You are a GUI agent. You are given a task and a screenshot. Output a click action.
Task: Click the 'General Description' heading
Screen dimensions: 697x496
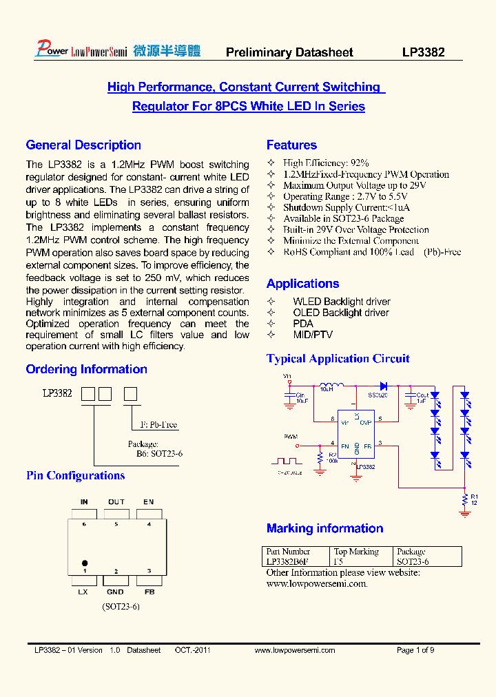click(83, 145)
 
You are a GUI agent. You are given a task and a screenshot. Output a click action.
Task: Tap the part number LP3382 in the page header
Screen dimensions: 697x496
click(424, 52)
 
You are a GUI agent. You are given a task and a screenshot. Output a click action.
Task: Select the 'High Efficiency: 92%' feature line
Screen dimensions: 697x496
click(326, 163)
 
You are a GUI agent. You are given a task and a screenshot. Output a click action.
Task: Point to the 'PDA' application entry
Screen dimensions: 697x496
click(303, 324)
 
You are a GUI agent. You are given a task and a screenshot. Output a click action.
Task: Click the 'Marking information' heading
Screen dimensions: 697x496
click(324, 529)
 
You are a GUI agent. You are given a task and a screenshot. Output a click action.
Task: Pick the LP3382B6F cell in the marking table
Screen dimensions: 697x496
click(287, 561)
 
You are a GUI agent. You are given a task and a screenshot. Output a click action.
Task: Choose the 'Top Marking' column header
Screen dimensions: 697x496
click(356, 552)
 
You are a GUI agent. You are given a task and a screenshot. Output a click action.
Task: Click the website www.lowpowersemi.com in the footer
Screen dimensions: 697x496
click(294, 650)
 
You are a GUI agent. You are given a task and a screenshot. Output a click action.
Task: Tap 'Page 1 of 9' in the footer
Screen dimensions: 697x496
click(415, 650)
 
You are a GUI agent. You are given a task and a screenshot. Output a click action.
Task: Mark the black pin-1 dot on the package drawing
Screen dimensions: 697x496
click(85, 563)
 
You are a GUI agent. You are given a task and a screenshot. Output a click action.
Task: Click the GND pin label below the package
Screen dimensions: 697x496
click(116, 592)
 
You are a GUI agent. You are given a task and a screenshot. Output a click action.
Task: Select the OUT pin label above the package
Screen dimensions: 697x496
click(116, 502)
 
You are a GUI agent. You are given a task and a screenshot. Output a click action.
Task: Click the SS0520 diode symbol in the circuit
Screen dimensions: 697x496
click(383, 386)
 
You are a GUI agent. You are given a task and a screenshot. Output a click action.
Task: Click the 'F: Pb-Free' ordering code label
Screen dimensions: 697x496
click(158, 425)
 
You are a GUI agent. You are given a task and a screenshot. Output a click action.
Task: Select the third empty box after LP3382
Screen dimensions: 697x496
click(130, 395)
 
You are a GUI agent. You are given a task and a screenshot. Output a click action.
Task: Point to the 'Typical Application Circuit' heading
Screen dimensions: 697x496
click(338, 359)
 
